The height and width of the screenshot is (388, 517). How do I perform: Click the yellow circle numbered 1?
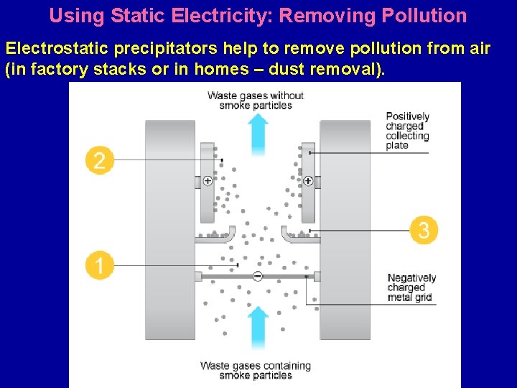pos(99,266)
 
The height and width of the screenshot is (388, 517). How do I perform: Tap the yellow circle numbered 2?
pos(99,160)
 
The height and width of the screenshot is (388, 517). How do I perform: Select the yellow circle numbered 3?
pos(424,231)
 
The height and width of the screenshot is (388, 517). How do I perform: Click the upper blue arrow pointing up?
pos(258,133)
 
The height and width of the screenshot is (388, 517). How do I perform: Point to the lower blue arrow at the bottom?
pos(258,330)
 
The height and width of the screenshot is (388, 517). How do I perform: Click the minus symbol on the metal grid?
pos(258,276)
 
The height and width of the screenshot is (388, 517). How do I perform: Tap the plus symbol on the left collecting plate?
pos(208,181)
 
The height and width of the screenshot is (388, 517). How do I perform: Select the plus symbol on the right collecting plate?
pos(308,181)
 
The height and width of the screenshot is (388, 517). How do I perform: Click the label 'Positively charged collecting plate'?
pos(407,131)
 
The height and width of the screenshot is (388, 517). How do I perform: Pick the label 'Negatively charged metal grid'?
pos(411,287)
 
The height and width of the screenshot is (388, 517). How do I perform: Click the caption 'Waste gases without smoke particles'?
pos(256,101)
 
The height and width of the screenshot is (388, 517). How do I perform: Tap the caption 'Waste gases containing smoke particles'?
pos(256,370)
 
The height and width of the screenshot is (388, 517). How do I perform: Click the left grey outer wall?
pos(170,230)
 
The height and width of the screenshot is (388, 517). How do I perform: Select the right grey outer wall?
pos(345,230)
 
